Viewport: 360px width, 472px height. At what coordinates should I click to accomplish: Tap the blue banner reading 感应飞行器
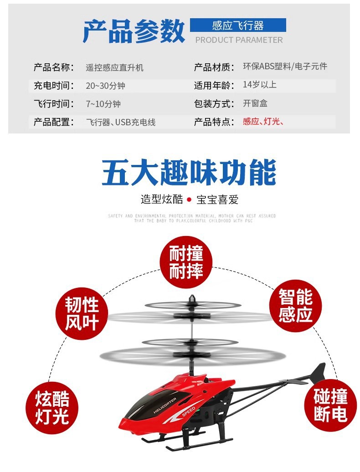point(238,26)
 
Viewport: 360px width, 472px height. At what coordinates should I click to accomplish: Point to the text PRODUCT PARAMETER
point(239,40)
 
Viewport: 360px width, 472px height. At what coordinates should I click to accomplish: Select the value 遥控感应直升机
point(115,67)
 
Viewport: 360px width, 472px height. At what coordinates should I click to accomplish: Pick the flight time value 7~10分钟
point(103,104)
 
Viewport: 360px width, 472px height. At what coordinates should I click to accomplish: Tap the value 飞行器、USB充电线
point(121,122)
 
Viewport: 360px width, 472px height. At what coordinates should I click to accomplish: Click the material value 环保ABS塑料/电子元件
point(285,67)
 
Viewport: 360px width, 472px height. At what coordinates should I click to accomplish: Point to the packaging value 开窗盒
point(255,103)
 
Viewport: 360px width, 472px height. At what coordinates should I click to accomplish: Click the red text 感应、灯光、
point(263,122)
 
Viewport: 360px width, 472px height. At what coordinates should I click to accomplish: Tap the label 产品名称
point(53,67)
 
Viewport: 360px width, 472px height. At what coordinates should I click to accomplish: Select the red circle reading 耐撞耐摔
point(186,262)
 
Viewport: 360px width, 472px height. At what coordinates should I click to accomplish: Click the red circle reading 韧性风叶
point(82,314)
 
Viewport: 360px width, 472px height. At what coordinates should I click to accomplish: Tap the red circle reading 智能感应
point(296,306)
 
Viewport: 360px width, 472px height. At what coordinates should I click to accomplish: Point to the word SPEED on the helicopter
point(188,412)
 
